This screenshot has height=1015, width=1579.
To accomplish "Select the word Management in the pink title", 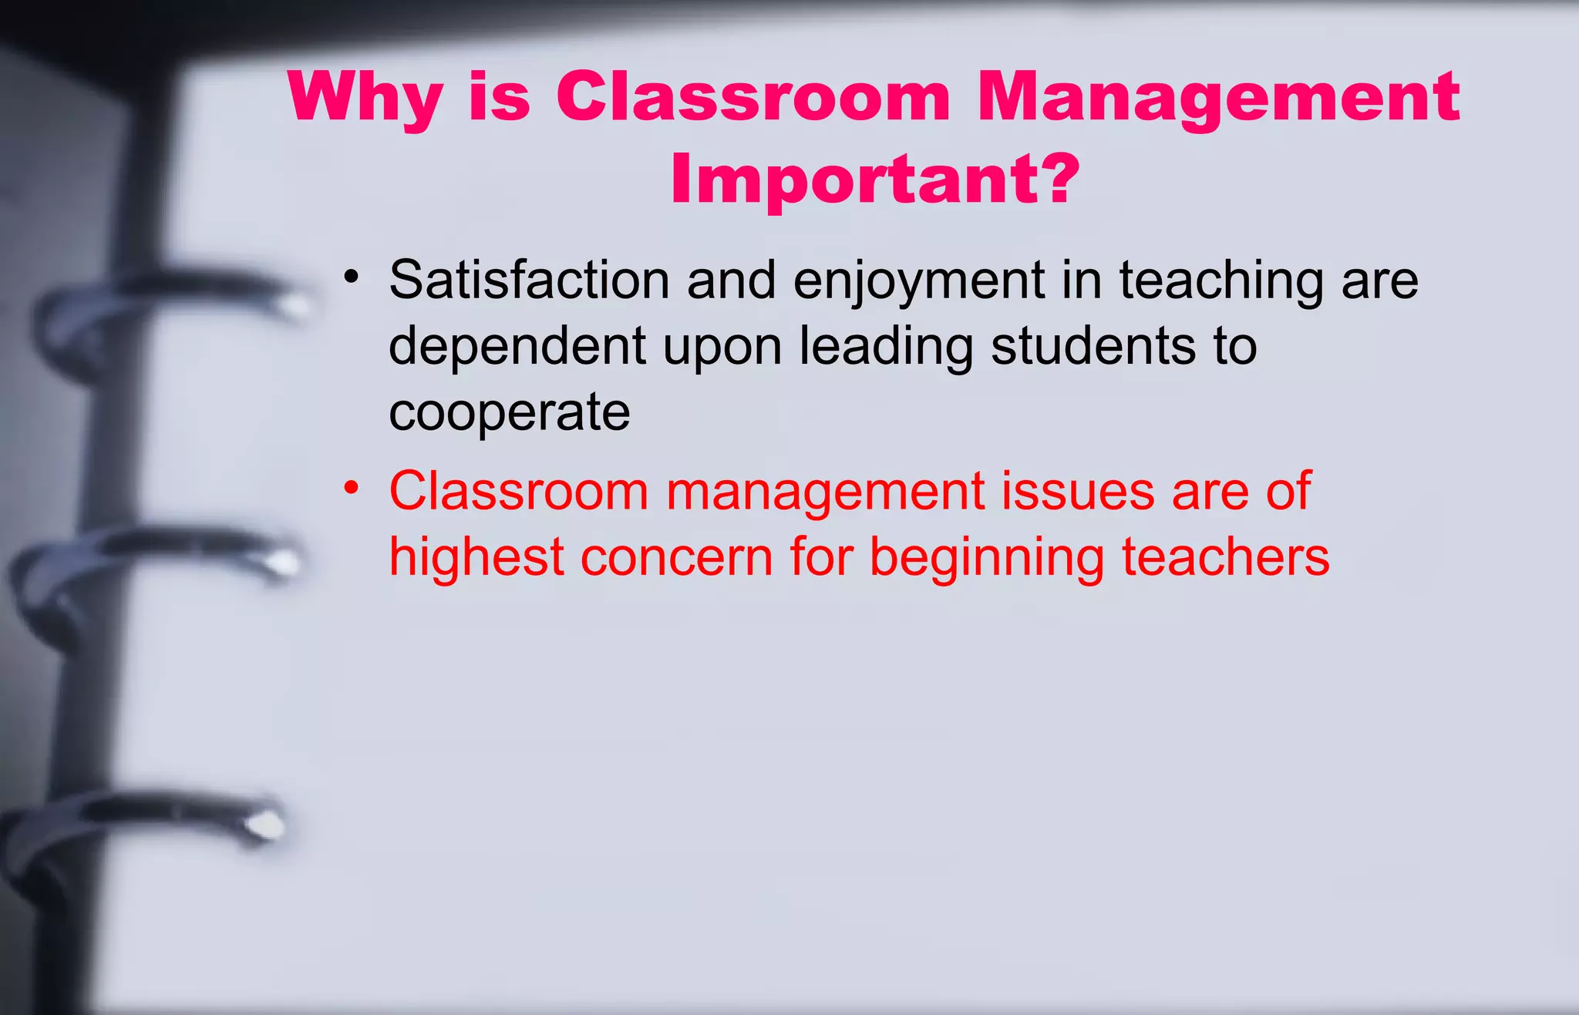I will point(1218,99).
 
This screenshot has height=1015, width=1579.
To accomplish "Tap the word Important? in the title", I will point(875,180).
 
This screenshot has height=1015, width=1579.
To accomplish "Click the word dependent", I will point(517,347).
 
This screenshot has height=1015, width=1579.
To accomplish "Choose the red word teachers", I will point(1225,556).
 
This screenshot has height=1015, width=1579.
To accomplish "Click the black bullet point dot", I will point(352,277).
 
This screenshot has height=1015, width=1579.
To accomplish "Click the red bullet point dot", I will point(352,488).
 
